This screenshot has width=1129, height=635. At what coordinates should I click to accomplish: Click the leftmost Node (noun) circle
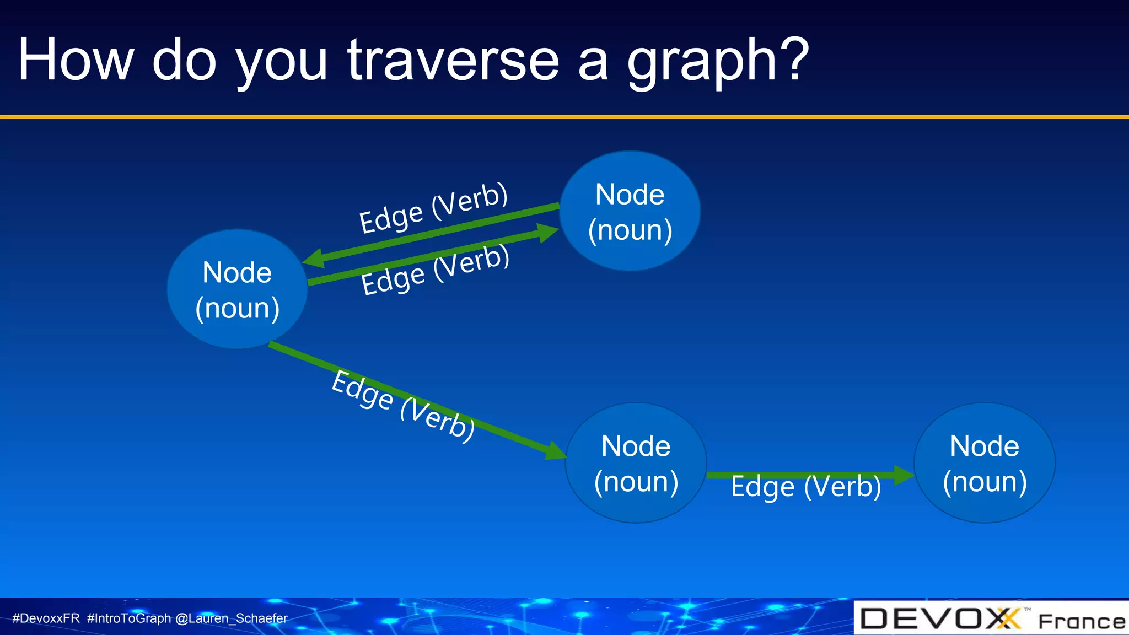click(x=237, y=290)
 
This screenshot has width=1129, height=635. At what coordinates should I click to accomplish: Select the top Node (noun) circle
click(x=630, y=212)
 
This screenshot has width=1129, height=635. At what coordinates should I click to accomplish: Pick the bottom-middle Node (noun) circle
click(x=636, y=463)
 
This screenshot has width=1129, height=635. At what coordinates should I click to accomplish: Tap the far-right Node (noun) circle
click(x=985, y=463)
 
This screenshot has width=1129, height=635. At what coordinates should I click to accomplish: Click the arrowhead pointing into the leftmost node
click(x=314, y=259)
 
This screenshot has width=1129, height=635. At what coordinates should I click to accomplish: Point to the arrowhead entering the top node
click(x=547, y=232)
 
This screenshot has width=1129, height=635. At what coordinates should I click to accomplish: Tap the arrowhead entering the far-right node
click(x=903, y=475)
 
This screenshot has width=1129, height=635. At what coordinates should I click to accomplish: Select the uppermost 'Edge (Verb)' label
click(x=433, y=207)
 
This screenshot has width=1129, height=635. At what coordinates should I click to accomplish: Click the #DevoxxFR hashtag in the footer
click(x=46, y=618)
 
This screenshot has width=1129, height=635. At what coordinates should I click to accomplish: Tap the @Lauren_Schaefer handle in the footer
click(x=231, y=618)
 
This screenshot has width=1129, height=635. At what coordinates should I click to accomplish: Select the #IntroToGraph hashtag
click(x=129, y=618)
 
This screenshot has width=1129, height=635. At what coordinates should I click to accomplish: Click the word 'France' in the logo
click(x=1081, y=622)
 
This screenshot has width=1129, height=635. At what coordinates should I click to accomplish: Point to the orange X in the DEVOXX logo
click(x=1009, y=618)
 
